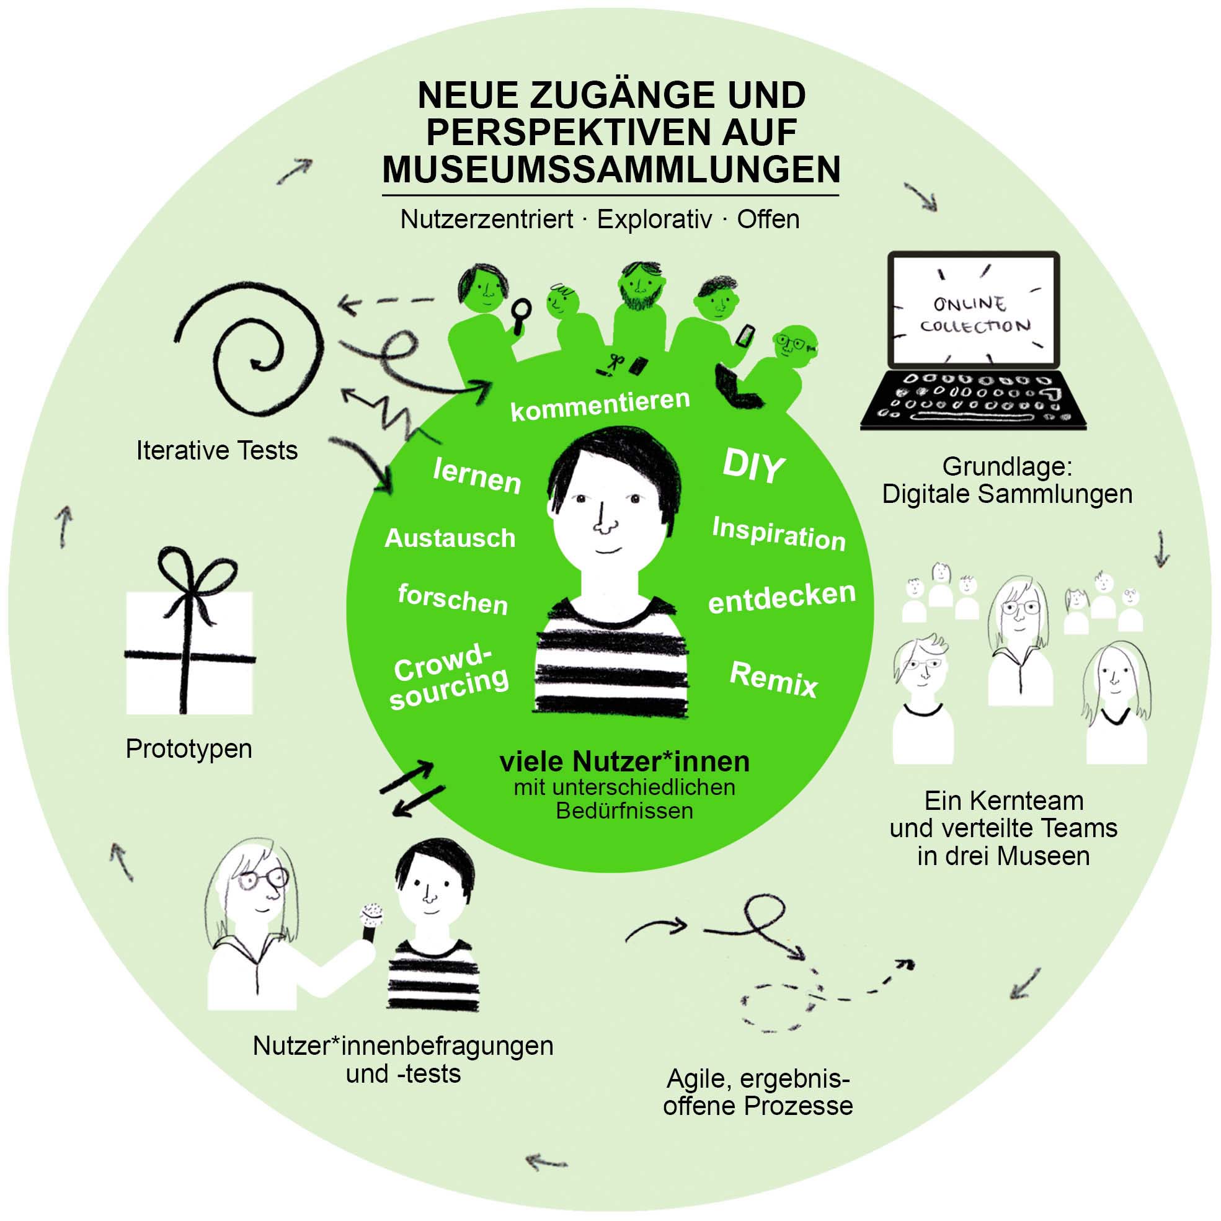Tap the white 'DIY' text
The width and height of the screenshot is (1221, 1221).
753,466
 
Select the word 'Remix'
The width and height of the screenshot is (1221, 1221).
773,680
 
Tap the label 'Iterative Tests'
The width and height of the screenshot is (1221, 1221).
217,451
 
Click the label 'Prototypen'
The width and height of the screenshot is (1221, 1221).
189,748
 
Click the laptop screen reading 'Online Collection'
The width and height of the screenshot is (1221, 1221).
973,309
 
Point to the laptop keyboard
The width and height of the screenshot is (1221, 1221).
973,398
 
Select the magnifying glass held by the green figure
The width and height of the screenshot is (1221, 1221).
522,313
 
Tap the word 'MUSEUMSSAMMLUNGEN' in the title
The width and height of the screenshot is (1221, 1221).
611,169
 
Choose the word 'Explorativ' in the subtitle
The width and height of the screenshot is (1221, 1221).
654,220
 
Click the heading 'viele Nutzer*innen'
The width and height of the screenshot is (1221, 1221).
624,761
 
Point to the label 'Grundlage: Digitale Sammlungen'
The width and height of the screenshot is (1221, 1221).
1007,481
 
